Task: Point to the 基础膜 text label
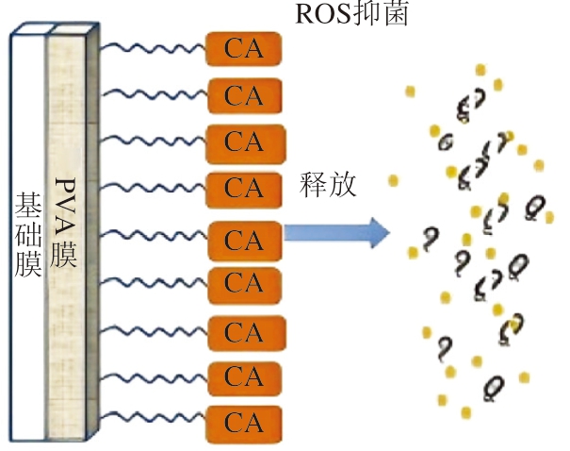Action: click(x=26, y=237)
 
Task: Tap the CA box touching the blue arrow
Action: click(x=244, y=240)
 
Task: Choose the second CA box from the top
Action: click(x=244, y=95)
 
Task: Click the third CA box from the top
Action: click(x=244, y=142)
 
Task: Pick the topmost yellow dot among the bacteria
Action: click(x=480, y=69)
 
